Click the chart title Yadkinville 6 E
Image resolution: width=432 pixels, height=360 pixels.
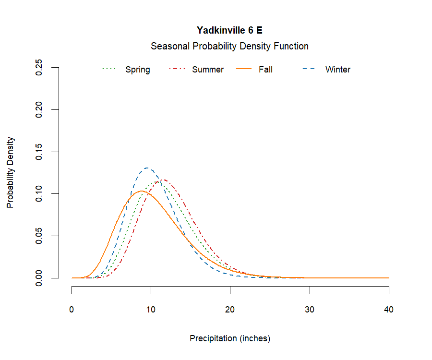coord(229,30)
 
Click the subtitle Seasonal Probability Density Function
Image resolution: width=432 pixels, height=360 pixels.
coord(229,47)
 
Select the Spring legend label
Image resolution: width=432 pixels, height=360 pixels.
coord(138,70)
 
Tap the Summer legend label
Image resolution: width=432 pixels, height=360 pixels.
coord(208,70)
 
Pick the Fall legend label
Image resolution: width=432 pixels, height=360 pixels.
coord(265,70)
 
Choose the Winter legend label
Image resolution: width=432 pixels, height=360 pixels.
coord(338,70)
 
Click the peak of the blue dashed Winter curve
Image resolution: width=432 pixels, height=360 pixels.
coord(147,168)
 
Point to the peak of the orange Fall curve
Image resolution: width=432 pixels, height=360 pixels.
coord(141,191)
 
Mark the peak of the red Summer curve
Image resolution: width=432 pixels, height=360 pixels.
coord(164,180)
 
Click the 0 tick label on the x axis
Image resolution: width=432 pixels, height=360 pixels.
coord(72,310)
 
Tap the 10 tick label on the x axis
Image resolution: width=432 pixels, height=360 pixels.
coord(151,310)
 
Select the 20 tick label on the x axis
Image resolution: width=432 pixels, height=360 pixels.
coord(230,310)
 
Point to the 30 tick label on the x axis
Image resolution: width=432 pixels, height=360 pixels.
coord(310,310)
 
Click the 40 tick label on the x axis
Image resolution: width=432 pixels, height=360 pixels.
coord(389,310)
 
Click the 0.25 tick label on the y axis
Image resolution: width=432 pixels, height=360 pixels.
coord(39,68)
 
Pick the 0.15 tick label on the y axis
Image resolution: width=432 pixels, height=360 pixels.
coord(39,152)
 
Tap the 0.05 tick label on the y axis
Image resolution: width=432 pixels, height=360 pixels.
coord(39,236)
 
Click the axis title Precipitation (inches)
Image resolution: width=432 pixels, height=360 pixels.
coord(230,338)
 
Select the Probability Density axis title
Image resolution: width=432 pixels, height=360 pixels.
coord(11,172)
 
